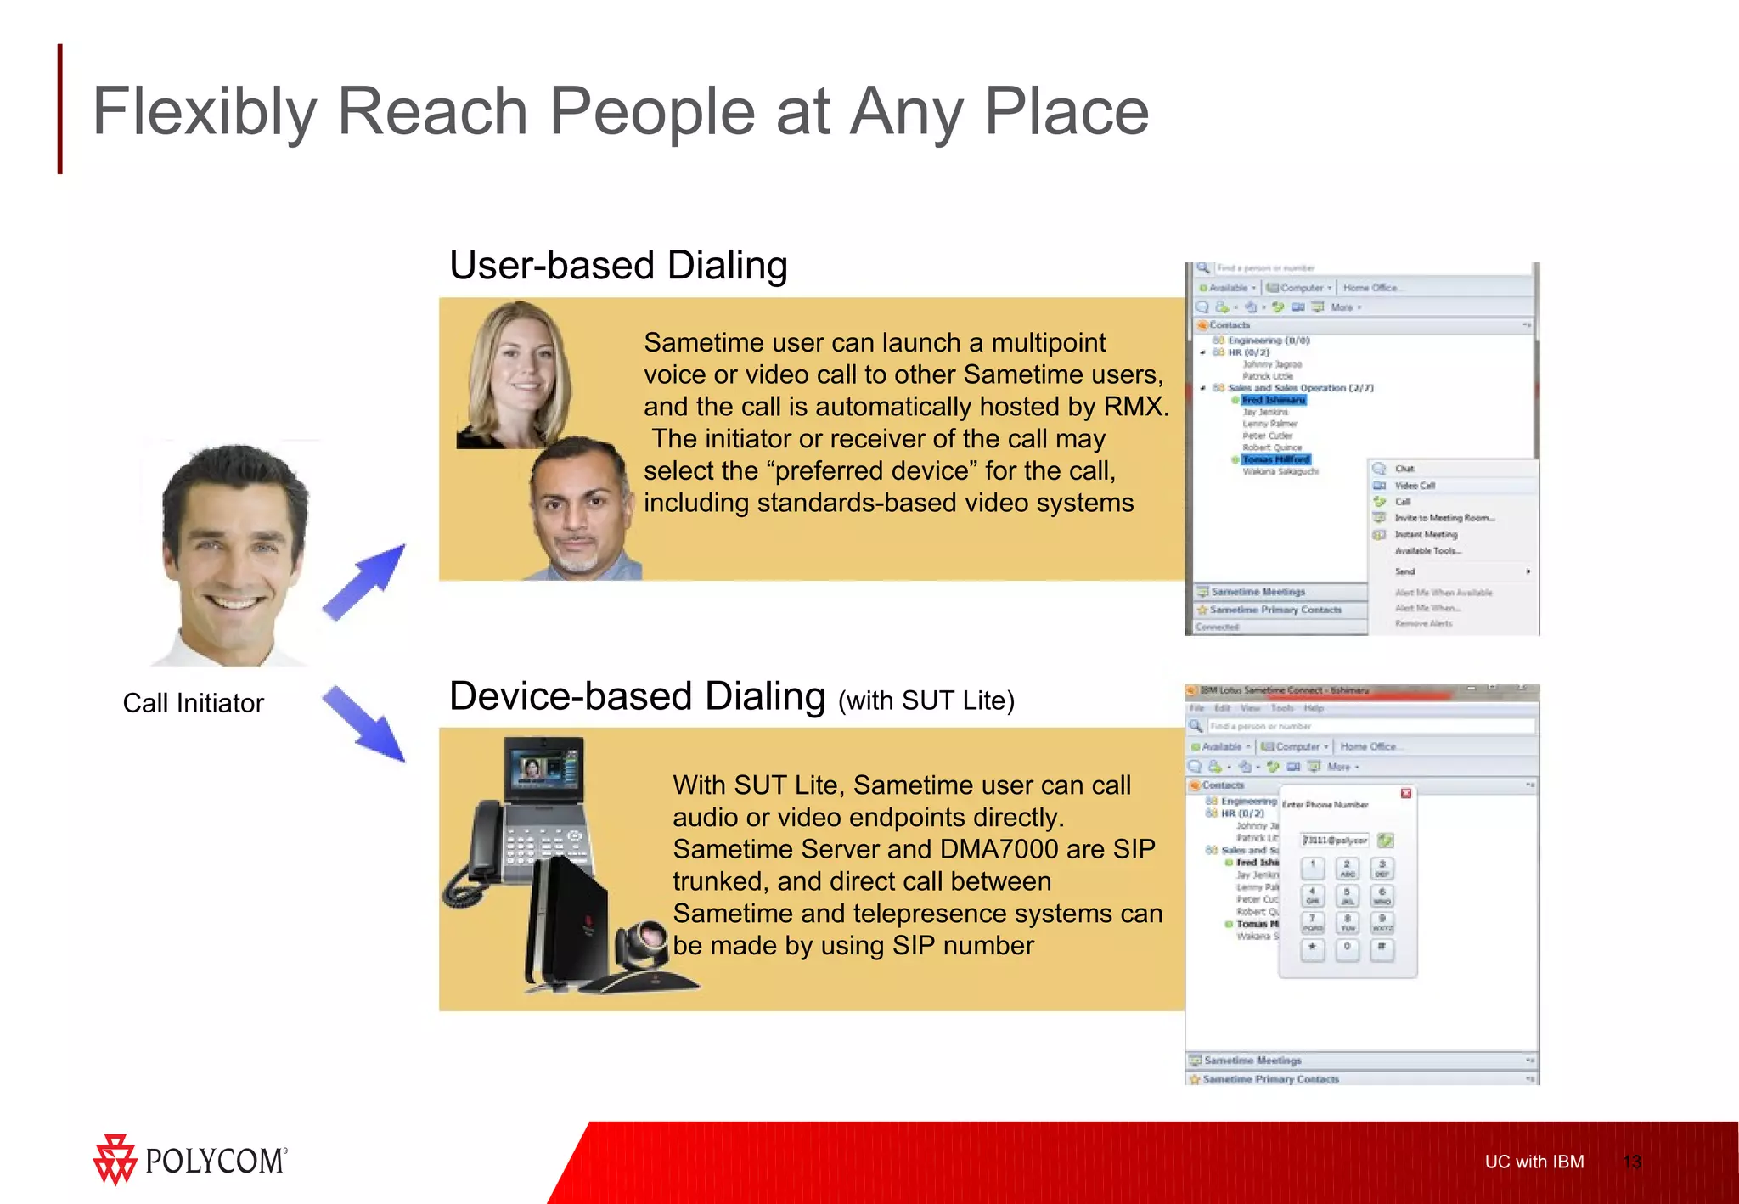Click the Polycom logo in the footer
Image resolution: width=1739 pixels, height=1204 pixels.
(190, 1160)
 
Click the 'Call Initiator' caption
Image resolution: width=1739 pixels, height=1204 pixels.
(193, 703)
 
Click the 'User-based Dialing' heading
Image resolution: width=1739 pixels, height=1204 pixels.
(618, 266)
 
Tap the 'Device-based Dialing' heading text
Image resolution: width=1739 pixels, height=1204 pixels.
(637, 697)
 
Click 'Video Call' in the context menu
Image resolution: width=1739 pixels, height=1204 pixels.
(1415, 486)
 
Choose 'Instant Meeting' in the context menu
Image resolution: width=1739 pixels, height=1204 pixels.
(1426, 535)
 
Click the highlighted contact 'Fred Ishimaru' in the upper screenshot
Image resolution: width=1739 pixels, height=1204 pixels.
(1273, 400)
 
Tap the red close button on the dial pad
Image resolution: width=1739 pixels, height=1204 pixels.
(1405, 793)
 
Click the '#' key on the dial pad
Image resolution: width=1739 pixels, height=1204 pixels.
(1382, 948)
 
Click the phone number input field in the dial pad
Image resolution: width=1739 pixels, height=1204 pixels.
(1335, 841)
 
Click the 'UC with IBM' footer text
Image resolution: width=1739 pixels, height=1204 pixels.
(1534, 1162)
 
